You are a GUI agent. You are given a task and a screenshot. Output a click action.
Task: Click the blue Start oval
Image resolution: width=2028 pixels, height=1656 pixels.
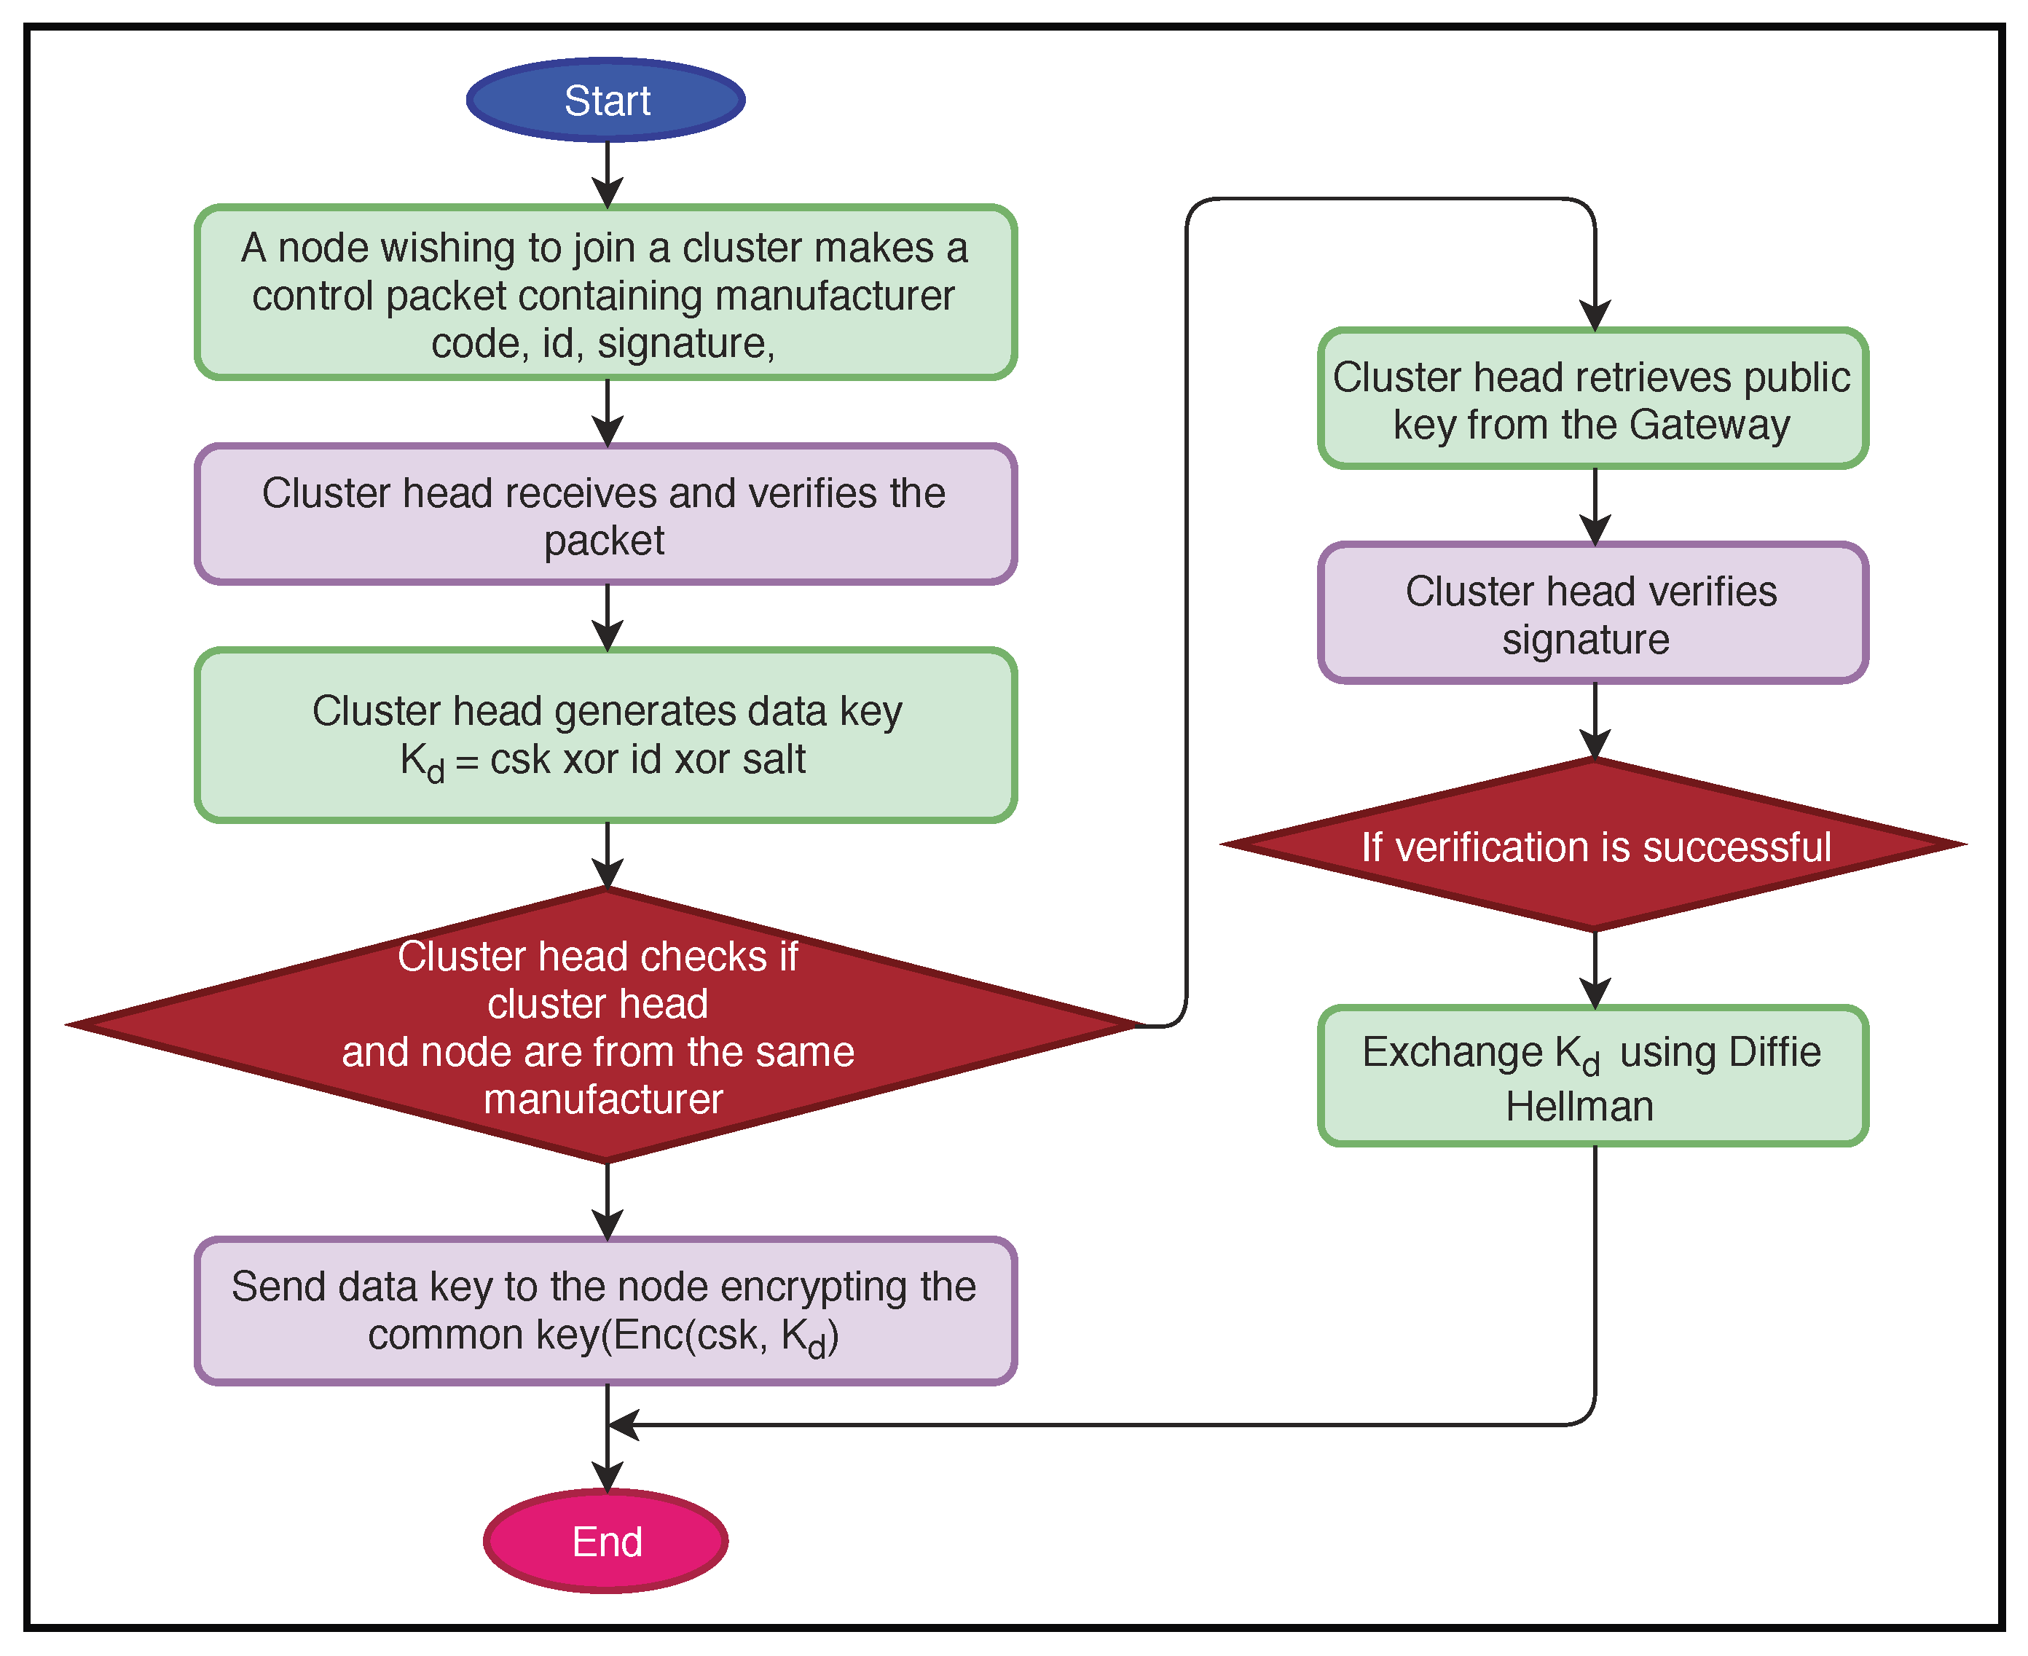click(x=606, y=100)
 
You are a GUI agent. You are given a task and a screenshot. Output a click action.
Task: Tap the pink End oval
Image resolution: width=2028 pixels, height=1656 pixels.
click(x=606, y=1542)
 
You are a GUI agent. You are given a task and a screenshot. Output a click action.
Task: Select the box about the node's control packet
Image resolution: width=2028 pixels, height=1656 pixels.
click(x=606, y=293)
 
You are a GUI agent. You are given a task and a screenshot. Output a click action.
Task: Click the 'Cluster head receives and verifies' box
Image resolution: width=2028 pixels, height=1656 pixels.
click(x=606, y=514)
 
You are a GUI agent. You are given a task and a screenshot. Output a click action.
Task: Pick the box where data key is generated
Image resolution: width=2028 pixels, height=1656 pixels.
click(x=606, y=735)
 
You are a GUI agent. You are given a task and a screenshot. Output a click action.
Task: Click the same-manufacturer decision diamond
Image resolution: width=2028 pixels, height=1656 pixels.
click(x=606, y=1026)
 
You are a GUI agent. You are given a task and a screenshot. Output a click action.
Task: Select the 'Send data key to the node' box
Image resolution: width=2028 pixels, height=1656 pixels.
click(x=606, y=1311)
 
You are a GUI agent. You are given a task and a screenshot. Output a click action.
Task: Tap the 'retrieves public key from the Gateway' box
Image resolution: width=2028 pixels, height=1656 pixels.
click(x=1593, y=399)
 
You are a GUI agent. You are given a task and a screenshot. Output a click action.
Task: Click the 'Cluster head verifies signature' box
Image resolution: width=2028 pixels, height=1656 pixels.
click(x=1593, y=613)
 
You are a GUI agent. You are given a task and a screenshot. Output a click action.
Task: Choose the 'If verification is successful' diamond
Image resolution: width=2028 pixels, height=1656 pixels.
click(x=1594, y=845)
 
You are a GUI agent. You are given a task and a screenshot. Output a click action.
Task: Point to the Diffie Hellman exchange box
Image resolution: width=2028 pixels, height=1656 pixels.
click(x=1593, y=1076)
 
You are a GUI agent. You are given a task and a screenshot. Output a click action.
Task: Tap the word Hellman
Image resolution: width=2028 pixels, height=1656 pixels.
click(x=1580, y=1107)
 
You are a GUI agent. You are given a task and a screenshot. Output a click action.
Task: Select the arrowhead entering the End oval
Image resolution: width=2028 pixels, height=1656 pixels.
click(x=608, y=1474)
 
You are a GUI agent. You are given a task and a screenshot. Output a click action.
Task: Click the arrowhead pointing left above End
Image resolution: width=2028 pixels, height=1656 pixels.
click(x=624, y=1425)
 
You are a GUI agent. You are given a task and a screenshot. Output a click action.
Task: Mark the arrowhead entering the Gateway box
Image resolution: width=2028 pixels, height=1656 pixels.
click(x=1595, y=315)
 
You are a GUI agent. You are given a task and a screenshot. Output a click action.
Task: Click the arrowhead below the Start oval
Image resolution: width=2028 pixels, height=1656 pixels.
click(x=608, y=191)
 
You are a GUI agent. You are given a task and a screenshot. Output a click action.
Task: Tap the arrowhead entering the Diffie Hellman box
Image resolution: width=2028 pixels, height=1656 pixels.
click(x=1595, y=992)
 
